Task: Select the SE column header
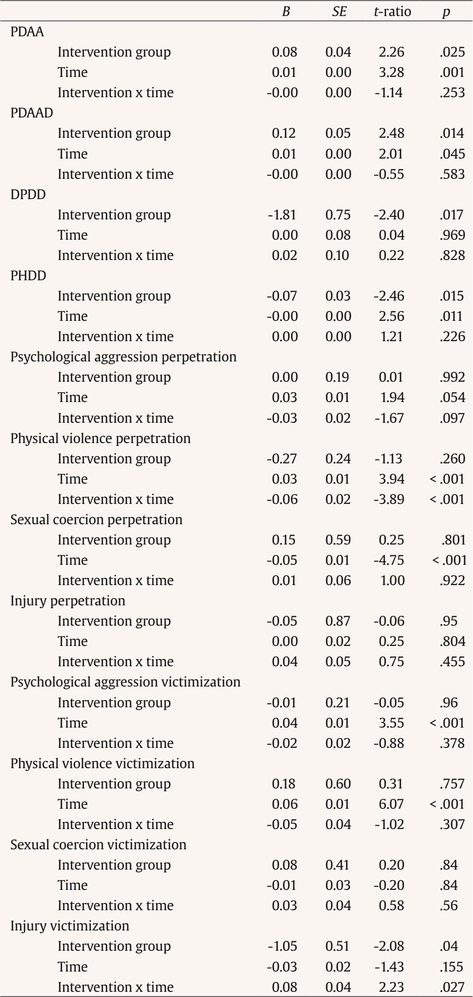339,12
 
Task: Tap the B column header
286,12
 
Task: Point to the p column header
445,12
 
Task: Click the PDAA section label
27,32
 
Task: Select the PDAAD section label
32,113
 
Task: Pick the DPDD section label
28,194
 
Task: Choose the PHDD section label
28,276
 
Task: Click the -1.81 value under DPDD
282,215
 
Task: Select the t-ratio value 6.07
391,804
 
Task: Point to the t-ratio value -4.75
389,560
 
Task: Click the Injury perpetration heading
68,601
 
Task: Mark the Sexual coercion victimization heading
99,844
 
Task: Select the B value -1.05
282,946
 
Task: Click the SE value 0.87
338,621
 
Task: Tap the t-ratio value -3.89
389,499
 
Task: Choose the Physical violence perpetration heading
100,438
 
